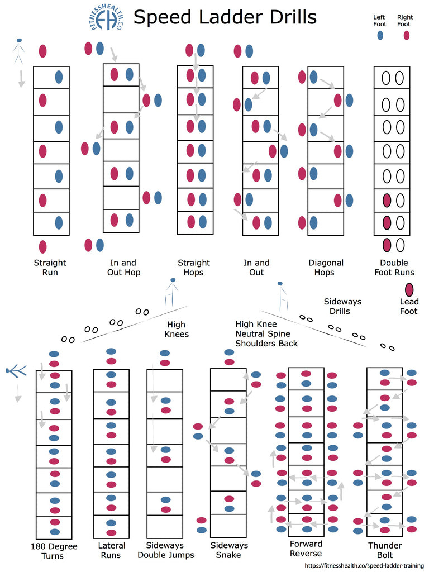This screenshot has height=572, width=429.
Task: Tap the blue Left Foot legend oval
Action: (x=380, y=35)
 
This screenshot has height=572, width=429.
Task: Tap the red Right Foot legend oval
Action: (x=406, y=35)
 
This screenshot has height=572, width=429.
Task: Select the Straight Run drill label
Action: (x=50, y=268)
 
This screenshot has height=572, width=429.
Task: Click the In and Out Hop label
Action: (x=124, y=268)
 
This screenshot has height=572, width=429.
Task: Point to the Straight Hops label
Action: (x=194, y=268)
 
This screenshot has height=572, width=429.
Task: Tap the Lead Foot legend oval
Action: (x=409, y=289)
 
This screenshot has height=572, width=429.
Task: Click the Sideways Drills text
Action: (x=342, y=306)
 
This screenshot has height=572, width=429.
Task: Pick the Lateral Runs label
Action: (x=112, y=551)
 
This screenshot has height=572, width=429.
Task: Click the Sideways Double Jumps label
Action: (x=166, y=550)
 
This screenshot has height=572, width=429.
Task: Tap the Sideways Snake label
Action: (x=228, y=550)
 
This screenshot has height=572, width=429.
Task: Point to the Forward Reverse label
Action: (x=306, y=549)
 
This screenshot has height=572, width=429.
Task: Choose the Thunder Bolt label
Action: (x=385, y=550)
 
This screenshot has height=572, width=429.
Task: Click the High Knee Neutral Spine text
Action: (x=266, y=333)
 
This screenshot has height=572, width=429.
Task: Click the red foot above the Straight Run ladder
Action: (x=42, y=51)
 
